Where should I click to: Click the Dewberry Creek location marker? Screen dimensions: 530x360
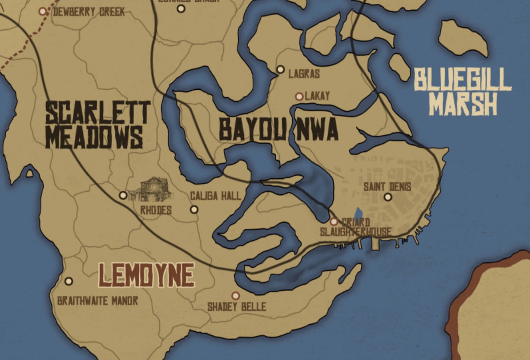pyautogui.click(x=42, y=11)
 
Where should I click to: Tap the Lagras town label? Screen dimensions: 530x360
pyautogui.click(x=304, y=74)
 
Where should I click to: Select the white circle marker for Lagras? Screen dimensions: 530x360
pyautogui.click(x=281, y=69)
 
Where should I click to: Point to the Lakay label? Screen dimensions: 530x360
pyautogui.click(x=317, y=96)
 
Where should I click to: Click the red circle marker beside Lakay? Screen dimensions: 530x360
pyautogui.click(x=299, y=97)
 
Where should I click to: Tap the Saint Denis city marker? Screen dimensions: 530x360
pyautogui.click(x=387, y=197)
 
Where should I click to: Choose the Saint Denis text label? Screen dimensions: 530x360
pyautogui.click(x=387, y=187)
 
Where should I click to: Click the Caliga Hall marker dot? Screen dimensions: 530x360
pyautogui.click(x=194, y=210)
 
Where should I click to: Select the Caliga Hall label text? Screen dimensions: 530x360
pyautogui.click(x=215, y=196)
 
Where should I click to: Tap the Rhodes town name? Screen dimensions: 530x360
pyautogui.click(x=156, y=210)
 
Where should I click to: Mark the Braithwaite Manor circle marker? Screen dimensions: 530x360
pyautogui.click(x=69, y=281)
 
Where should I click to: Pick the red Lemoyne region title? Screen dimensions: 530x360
pyautogui.click(x=147, y=275)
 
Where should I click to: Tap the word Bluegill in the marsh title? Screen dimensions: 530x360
pyautogui.click(x=463, y=80)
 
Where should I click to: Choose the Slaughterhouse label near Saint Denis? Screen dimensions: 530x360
pyautogui.click(x=355, y=232)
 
